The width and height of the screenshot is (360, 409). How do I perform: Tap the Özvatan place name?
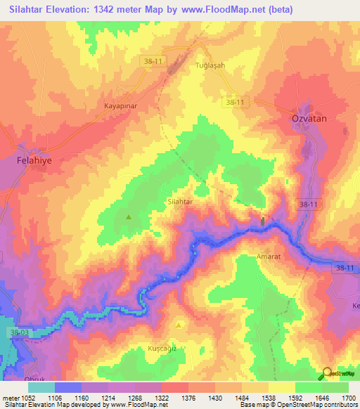(x=309, y=119)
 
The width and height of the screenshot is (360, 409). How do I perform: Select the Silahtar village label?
(x=179, y=201)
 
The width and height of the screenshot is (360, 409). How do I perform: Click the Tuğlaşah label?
(x=210, y=65)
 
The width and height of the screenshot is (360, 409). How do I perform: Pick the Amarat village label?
(x=268, y=257)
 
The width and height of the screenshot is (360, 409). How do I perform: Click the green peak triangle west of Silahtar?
(x=129, y=217)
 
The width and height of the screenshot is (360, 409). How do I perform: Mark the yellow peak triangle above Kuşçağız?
(x=179, y=325)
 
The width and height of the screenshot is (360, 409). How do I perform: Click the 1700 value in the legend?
(x=347, y=398)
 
